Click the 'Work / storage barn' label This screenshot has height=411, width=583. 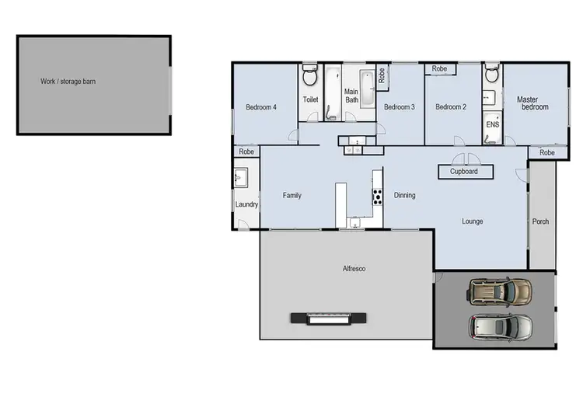(68, 81)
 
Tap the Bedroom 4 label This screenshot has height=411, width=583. (261, 107)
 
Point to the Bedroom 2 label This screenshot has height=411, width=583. (451, 107)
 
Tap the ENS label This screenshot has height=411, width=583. (492, 124)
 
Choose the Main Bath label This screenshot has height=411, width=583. (351, 96)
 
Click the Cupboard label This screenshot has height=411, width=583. (464, 172)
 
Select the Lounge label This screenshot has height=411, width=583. (473, 221)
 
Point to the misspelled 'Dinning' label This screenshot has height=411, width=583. (404, 195)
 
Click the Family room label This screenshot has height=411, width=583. (291, 196)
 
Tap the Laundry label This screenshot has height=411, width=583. (247, 205)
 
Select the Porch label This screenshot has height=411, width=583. (541, 221)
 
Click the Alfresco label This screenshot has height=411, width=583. (354, 269)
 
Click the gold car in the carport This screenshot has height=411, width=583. (500, 291)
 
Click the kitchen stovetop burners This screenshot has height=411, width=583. (378, 195)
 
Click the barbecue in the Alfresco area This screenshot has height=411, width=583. (325, 318)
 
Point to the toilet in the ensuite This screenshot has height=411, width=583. (490, 76)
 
